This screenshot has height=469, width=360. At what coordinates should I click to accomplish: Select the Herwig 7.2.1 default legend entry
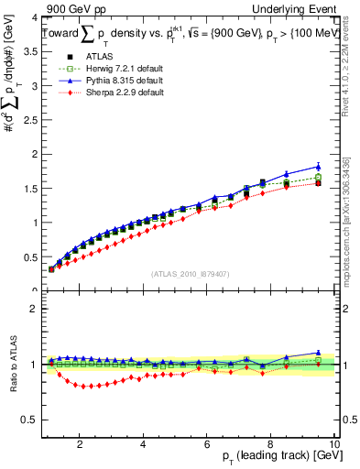click(115, 71)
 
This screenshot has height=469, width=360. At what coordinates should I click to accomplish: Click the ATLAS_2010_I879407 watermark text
click(190, 274)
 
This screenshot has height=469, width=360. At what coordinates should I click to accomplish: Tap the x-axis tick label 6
click(207, 445)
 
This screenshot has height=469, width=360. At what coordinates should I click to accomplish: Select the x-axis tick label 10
click(333, 445)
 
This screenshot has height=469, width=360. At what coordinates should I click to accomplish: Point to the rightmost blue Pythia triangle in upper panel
click(318, 167)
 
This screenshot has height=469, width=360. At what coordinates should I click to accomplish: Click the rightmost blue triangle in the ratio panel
click(318, 352)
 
